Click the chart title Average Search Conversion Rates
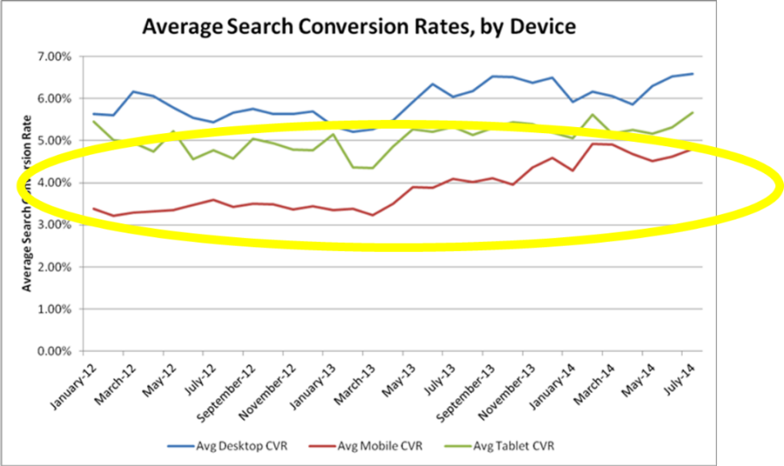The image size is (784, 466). (x=358, y=26)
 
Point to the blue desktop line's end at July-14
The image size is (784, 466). (x=693, y=74)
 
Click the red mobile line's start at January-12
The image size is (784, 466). (x=93, y=208)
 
